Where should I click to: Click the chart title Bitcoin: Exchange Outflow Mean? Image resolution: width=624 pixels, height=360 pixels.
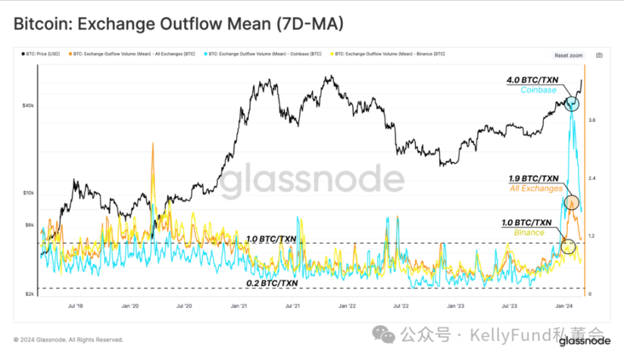click(x=178, y=24)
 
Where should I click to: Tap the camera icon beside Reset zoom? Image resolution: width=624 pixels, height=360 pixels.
click(x=598, y=55)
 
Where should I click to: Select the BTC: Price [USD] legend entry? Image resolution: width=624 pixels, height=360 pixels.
click(x=43, y=54)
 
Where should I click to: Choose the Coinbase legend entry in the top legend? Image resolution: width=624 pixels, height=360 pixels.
click(x=263, y=54)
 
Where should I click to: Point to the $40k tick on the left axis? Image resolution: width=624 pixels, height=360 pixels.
click(x=28, y=105)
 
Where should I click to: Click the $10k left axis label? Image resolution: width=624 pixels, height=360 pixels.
click(x=28, y=193)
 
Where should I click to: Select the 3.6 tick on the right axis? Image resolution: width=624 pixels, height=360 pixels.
click(x=592, y=120)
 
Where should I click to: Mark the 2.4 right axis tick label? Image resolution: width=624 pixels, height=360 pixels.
click(x=592, y=178)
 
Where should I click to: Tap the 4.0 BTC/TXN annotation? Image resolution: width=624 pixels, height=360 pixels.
click(x=533, y=80)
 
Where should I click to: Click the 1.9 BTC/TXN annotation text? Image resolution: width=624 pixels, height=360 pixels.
click(x=533, y=178)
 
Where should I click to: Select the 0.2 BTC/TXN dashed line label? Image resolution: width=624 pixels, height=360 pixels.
click(x=272, y=283)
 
